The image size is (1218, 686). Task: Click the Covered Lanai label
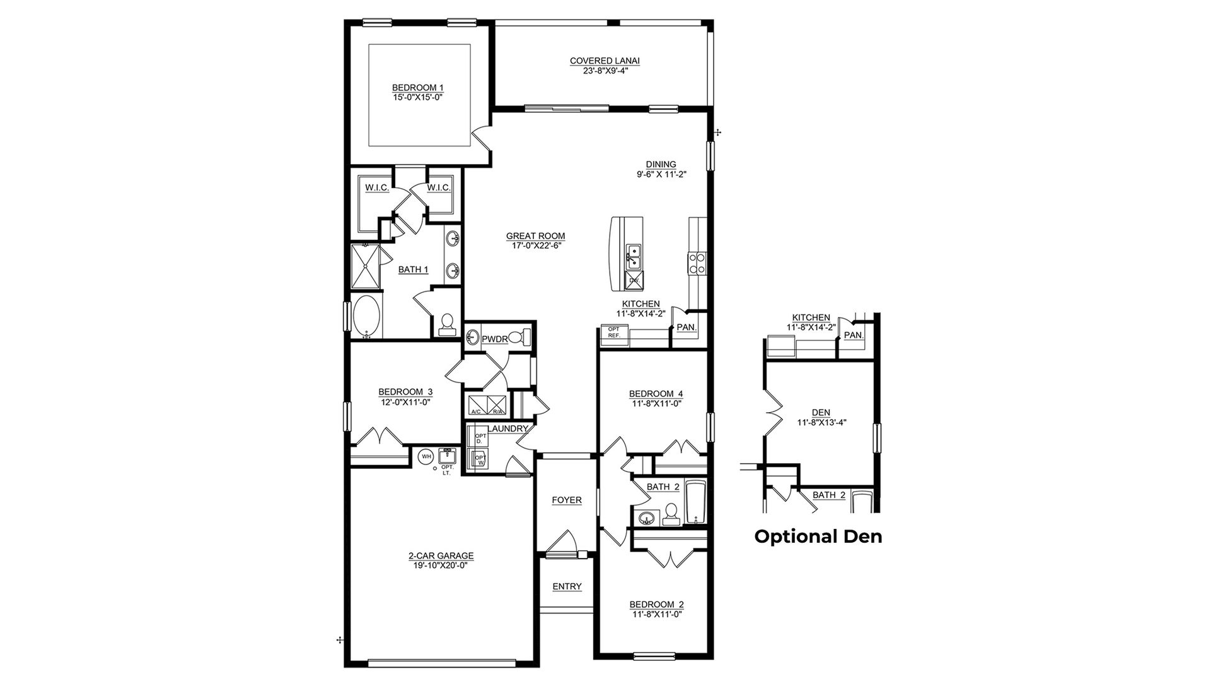(x=605, y=61)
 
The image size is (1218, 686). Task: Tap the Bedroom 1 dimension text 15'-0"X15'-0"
(x=414, y=97)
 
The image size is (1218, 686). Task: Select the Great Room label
(x=535, y=236)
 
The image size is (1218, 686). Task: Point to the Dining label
(x=661, y=164)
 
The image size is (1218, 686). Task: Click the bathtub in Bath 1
(x=366, y=316)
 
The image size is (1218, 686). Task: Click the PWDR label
(x=495, y=339)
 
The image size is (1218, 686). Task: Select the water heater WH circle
(x=426, y=456)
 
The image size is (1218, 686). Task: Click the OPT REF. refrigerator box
(x=614, y=333)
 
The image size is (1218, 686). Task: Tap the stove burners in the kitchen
(x=697, y=263)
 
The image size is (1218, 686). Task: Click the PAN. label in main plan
(x=687, y=328)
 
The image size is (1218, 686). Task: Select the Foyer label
(x=567, y=500)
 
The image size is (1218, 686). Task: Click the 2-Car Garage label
(x=441, y=556)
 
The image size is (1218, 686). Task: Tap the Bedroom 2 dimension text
(x=656, y=613)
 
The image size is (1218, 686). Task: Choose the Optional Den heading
(x=818, y=536)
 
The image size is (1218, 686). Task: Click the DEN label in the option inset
(x=821, y=413)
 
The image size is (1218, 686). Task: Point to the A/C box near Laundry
(x=476, y=405)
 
